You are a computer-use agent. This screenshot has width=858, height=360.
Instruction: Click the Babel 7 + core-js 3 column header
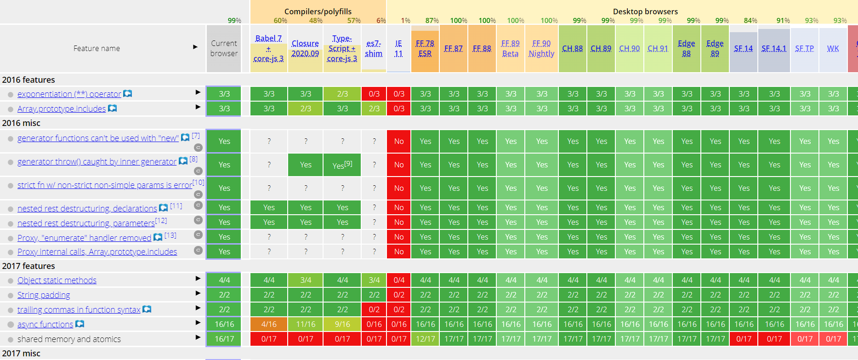pyautogui.click(x=269, y=48)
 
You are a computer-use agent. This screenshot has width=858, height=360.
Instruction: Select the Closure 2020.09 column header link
pyautogui.click(x=305, y=48)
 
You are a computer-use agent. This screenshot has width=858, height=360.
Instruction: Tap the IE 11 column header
pyautogui.click(x=398, y=48)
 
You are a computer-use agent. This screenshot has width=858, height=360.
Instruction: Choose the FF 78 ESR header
pyautogui.click(x=425, y=48)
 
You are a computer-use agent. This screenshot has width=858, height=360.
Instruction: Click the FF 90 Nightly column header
pyautogui.click(x=541, y=48)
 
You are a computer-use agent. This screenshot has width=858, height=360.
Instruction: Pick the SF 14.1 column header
pyautogui.click(x=774, y=48)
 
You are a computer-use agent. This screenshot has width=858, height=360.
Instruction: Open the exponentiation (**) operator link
pyautogui.click(x=69, y=94)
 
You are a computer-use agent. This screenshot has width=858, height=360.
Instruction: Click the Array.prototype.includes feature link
pyautogui.click(x=62, y=109)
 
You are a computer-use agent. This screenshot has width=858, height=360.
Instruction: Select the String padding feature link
pyautogui.click(x=44, y=295)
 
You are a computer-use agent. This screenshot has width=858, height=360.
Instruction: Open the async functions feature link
pyautogui.click(x=45, y=325)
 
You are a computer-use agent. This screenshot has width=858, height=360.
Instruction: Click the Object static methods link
pyautogui.click(x=57, y=280)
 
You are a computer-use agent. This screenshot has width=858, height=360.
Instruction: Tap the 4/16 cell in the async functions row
pyautogui.click(x=269, y=324)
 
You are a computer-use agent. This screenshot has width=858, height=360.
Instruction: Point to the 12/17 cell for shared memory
pyautogui.click(x=426, y=339)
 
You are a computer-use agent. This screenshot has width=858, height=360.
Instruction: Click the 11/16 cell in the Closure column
pyautogui.click(x=306, y=324)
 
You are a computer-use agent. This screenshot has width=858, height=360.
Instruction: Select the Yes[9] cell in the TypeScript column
pyautogui.click(x=342, y=165)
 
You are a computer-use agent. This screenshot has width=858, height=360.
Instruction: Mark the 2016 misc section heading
pyautogui.click(x=21, y=123)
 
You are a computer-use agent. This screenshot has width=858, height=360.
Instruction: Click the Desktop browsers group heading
pyautogui.click(x=645, y=11)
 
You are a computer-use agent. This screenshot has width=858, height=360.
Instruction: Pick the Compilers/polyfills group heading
pyautogui.click(x=318, y=11)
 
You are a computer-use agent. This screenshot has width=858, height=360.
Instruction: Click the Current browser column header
pyautogui.click(x=224, y=48)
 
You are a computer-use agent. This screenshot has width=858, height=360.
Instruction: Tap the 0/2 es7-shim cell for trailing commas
pyautogui.click(x=374, y=309)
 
